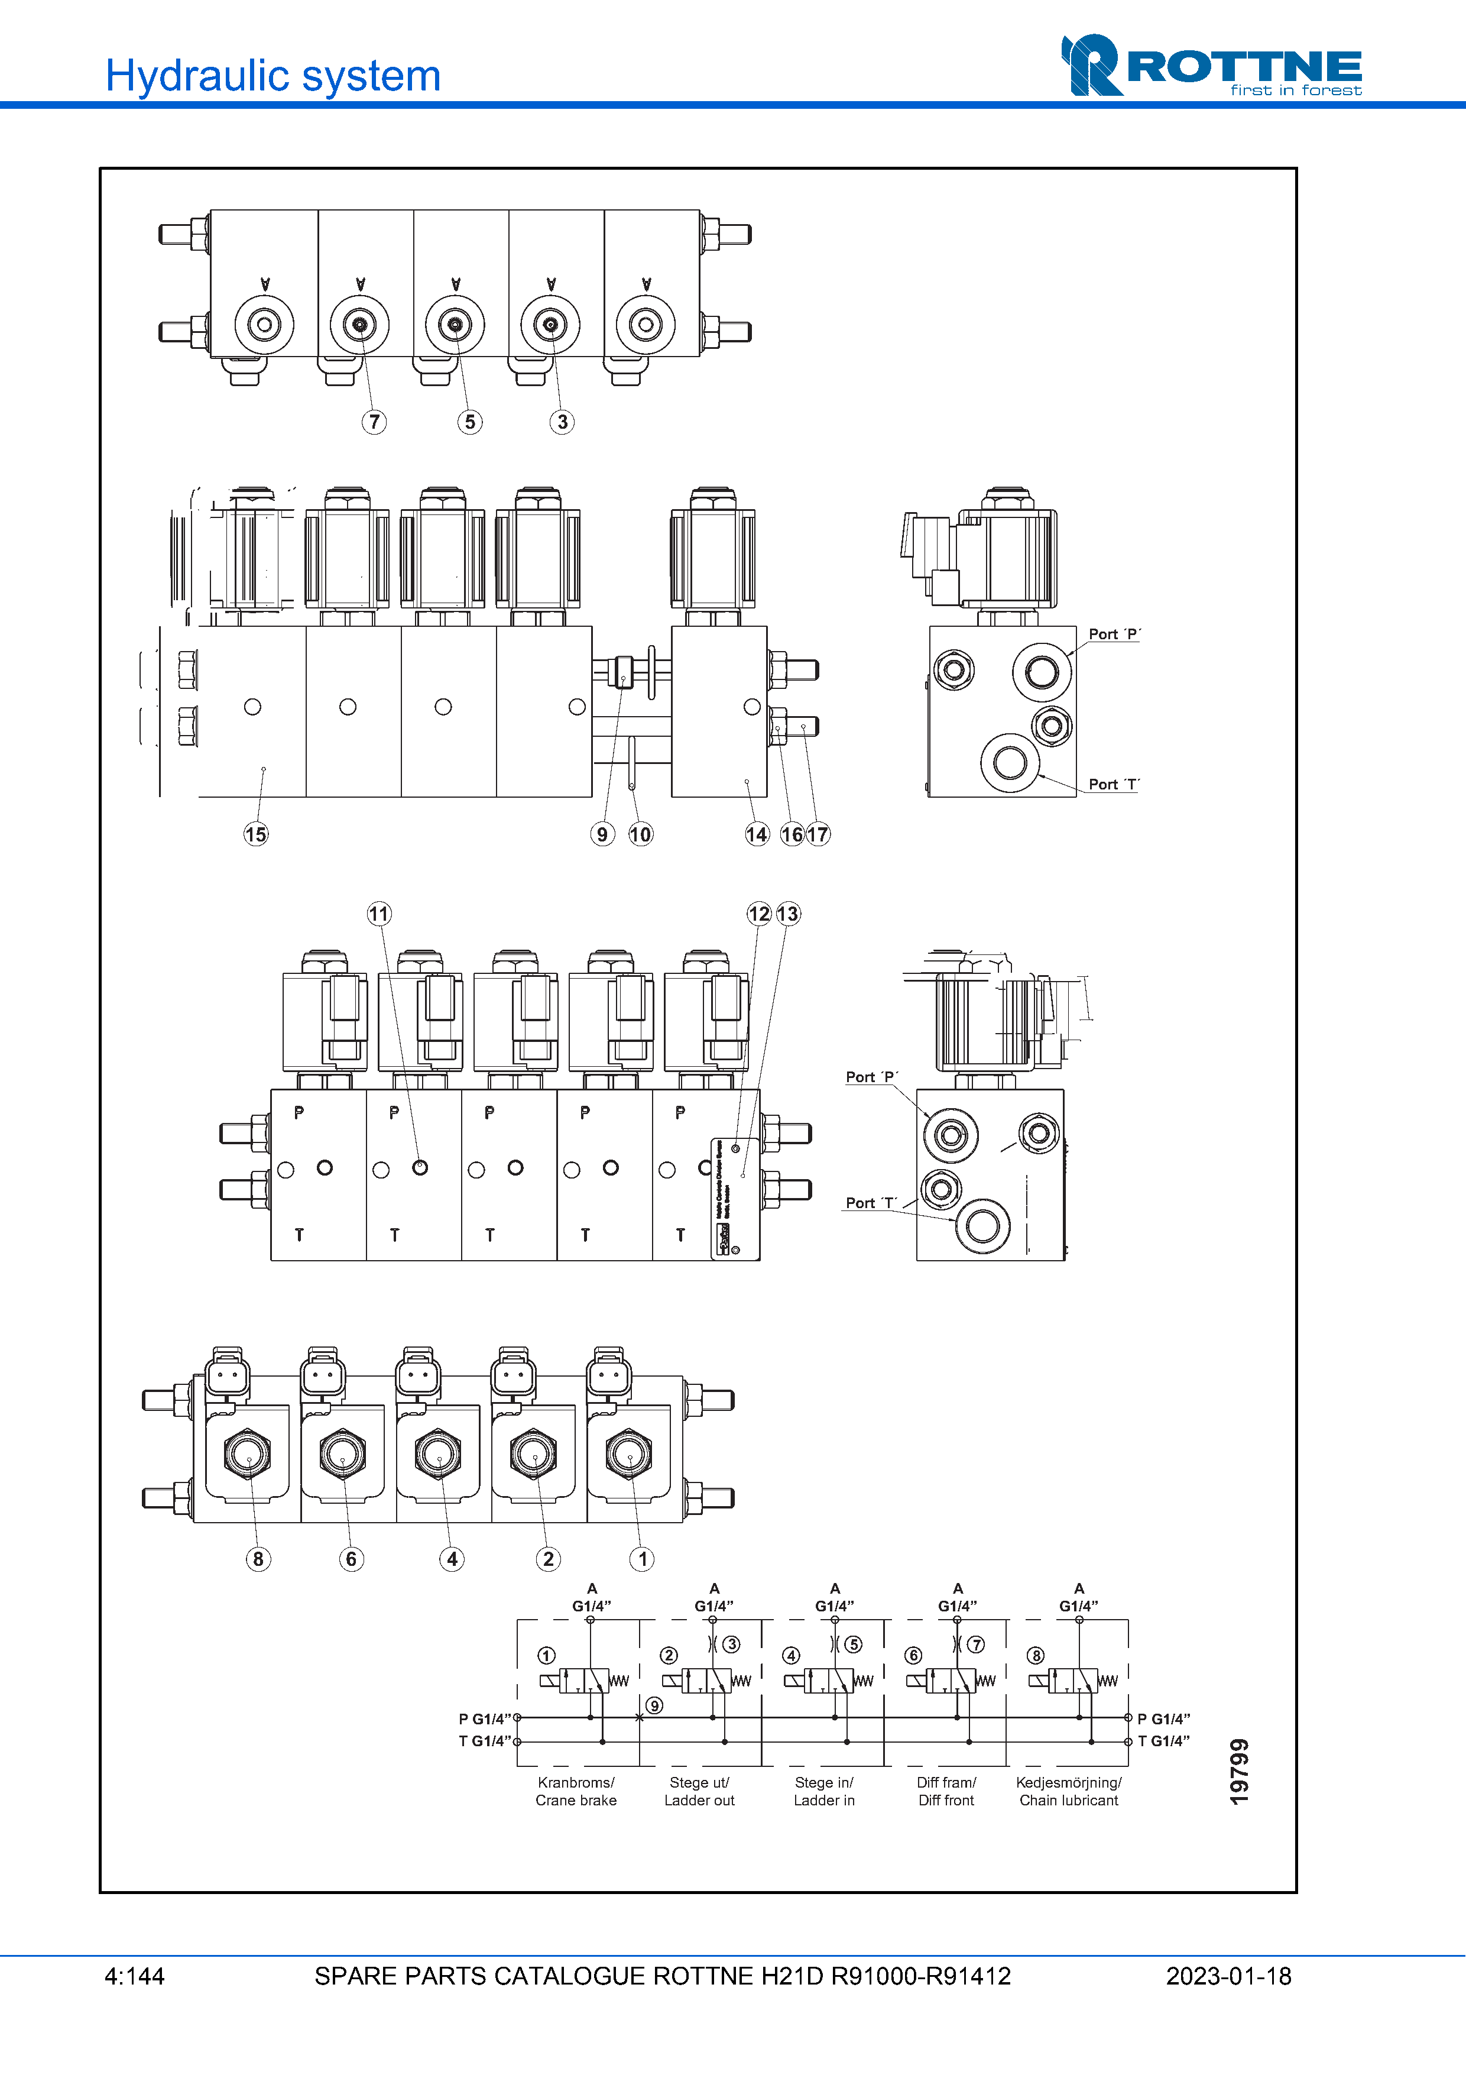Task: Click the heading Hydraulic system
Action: click(273, 76)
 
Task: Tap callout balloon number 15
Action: click(255, 834)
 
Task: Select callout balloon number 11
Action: click(378, 914)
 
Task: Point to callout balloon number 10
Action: click(640, 834)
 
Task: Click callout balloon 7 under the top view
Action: click(374, 422)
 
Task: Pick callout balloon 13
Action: click(787, 914)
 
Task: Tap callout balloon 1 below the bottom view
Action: click(642, 1559)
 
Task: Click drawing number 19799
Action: click(1240, 1771)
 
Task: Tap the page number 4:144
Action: click(135, 1976)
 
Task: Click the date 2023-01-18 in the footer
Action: click(1228, 1976)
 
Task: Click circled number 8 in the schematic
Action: click(1036, 1656)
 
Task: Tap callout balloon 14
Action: click(757, 834)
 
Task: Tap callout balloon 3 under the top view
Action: click(562, 422)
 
